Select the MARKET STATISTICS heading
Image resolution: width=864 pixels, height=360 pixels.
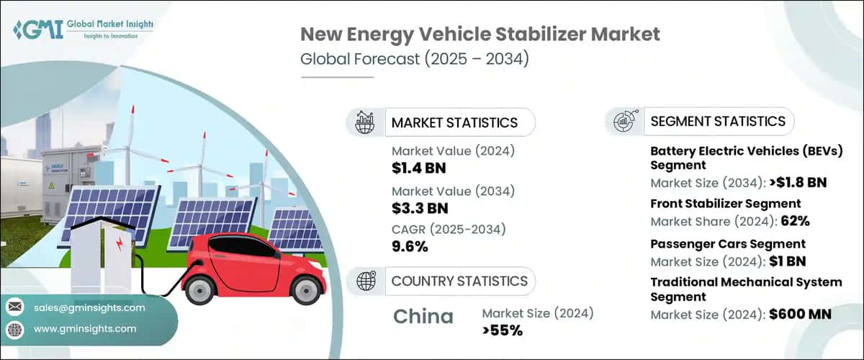(x=454, y=122)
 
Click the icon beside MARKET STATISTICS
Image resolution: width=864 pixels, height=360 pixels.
(x=365, y=122)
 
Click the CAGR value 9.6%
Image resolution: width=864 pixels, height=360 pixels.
(x=410, y=246)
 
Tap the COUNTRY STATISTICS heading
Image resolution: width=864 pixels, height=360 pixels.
(x=459, y=281)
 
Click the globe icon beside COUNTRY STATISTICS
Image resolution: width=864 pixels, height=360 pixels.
(x=365, y=281)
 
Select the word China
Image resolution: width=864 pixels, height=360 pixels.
(x=423, y=316)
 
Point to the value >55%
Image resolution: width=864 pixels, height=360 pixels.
(x=502, y=330)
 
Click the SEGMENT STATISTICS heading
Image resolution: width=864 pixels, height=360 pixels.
(x=717, y=121)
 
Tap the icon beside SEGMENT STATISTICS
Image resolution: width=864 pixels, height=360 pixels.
(x=624, y=121)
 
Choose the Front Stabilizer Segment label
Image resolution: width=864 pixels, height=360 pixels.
(x=725, y=204)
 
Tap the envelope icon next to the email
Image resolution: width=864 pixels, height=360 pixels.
(x=14, y=307)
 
